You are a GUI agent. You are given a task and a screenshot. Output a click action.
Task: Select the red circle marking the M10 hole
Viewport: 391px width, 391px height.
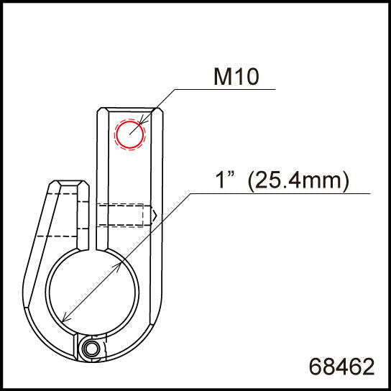(130, 134)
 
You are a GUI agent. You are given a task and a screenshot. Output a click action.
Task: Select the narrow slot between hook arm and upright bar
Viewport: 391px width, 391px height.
(94, 216)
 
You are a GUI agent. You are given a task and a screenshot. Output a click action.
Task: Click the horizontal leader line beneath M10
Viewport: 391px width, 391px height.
(223, 89)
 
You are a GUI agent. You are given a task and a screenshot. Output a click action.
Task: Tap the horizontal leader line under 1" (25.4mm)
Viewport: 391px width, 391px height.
(280, 193)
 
